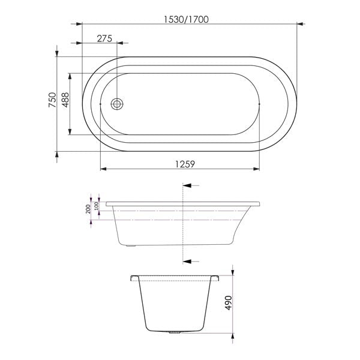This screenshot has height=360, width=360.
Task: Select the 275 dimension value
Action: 104,38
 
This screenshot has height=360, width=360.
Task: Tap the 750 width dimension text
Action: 52,100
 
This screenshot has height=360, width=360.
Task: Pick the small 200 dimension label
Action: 88,209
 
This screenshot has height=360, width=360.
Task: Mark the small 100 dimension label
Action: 96,206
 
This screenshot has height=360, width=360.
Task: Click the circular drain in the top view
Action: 118,104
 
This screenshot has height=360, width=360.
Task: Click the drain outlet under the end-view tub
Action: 175,331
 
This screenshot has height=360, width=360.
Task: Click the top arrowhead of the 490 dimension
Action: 233,278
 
